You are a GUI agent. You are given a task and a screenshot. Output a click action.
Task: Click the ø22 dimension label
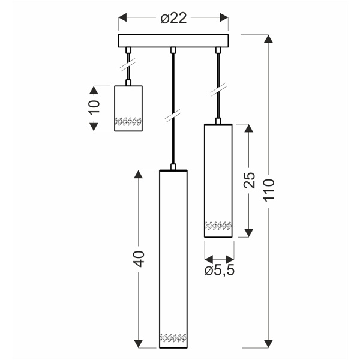point(173,19)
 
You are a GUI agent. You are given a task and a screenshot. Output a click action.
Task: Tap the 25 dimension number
point(250,181)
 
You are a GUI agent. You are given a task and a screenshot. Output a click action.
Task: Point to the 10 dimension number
point(94,108)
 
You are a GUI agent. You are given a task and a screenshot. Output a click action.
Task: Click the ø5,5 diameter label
point(218,270)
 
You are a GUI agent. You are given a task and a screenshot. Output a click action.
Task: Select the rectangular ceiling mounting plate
point(173,41)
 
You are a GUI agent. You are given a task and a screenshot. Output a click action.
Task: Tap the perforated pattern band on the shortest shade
point(128,121)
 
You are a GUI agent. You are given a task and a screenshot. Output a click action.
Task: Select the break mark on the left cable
point(128,62)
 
